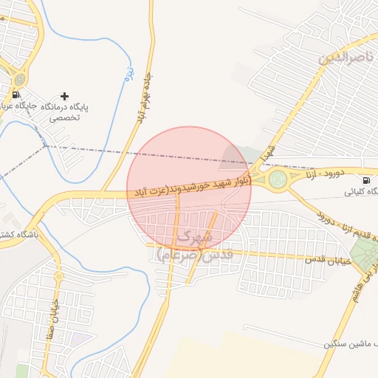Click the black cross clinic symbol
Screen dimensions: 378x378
tap(65, 96)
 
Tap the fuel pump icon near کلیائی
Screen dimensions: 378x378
tap(366, 180)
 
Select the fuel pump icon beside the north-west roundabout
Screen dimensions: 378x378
tap(16, 94)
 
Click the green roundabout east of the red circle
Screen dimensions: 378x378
tap(278, 178)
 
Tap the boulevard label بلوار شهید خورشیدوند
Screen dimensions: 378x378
tap(190, 187)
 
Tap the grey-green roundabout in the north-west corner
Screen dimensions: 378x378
tap(19, 78)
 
